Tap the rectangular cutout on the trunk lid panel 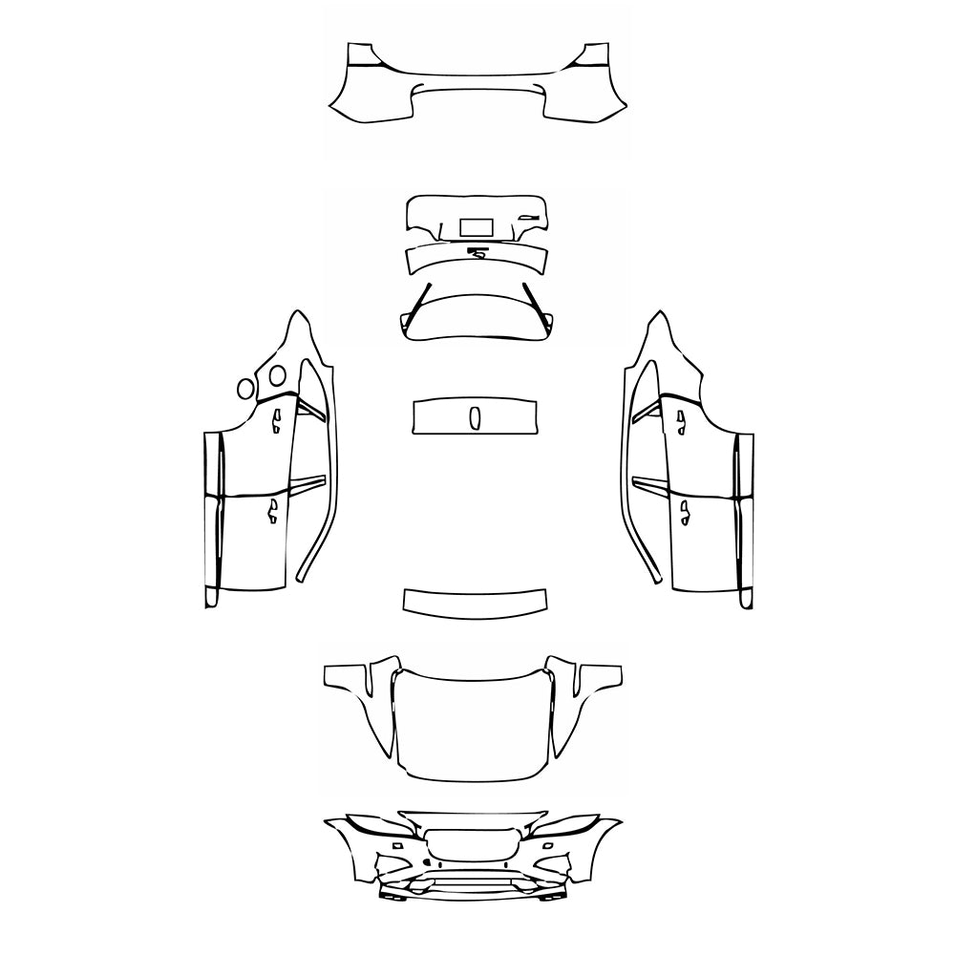(477, 227)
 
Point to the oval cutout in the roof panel (474, 417)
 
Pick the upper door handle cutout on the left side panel (275, 418)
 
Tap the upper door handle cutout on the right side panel (682, 418)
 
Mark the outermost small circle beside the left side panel (245, 388)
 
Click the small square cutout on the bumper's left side (393, 845)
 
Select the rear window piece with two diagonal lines (475, 315)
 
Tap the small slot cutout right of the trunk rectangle (525, 218)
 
